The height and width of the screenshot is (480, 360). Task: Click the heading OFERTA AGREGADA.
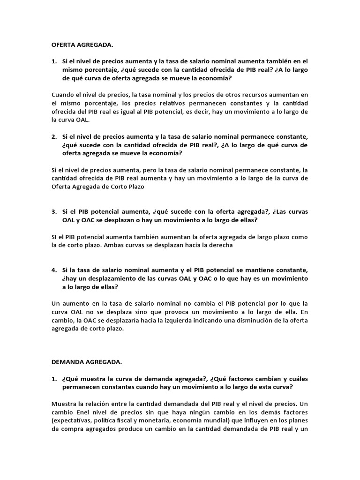[x=82, y=45]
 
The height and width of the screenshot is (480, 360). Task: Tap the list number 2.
[x=54, y=136]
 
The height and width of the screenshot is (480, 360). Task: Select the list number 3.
[x=54, y=211]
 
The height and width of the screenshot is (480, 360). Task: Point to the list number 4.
[x=54, y=270]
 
